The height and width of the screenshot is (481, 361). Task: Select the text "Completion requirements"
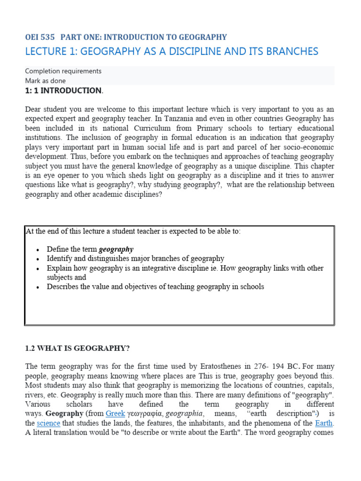63,71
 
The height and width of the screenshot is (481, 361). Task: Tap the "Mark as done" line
45,81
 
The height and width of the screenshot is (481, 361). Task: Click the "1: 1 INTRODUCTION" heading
63,91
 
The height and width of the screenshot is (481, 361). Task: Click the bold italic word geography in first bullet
116,249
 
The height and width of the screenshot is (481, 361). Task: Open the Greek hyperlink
115,413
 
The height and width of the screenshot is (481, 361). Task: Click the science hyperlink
48,423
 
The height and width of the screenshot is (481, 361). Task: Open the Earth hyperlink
324,423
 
